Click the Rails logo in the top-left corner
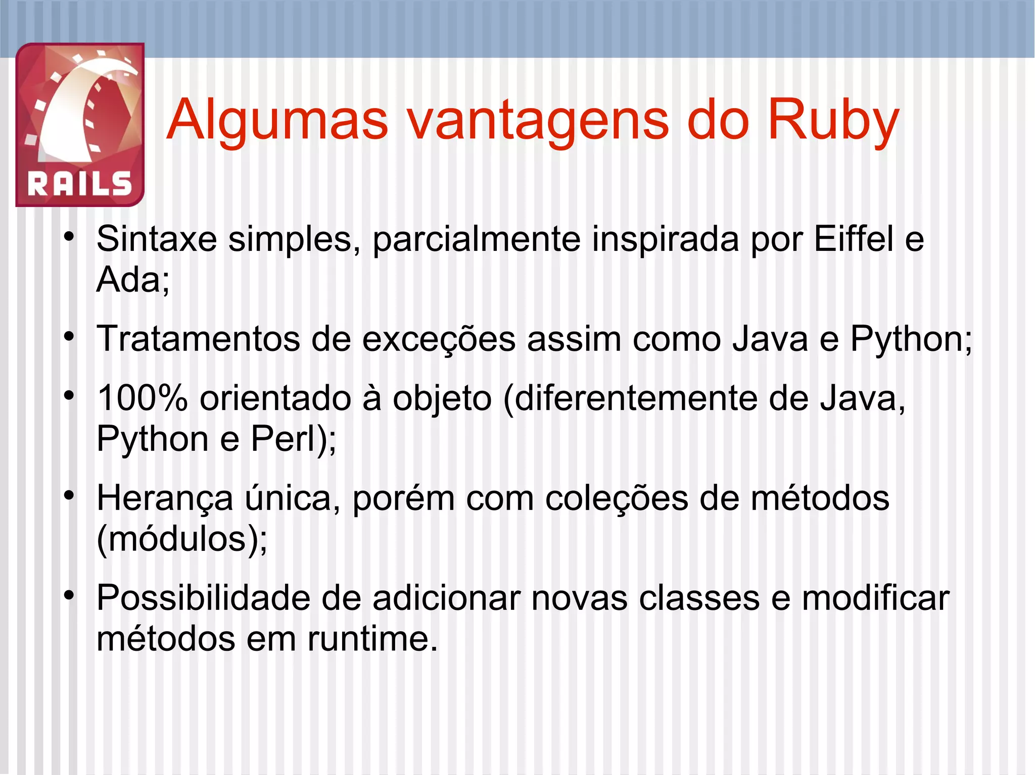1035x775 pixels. (x=80, y=124)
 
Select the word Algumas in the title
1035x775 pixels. (x=277, y=121)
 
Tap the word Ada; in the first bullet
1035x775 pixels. (x=133, y=279)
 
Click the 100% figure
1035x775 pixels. (x=143, y=398)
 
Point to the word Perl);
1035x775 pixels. (x=294, y=439)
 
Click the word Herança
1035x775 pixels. (x=165, y=498)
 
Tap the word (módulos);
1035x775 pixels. (x=182, y=539)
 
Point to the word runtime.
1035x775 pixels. (x=372, y=639)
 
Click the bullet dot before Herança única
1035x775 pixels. (x=69, y=496)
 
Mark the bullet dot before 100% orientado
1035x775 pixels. (x=69, y=396)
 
